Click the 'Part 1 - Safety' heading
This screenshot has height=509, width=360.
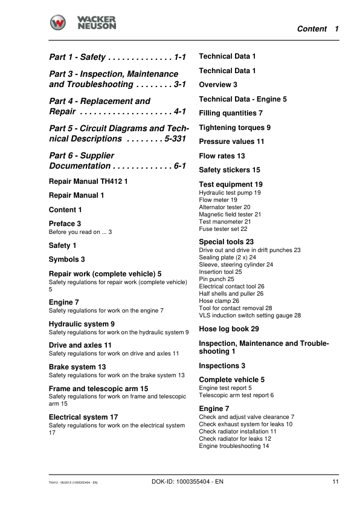[x=78, y=57]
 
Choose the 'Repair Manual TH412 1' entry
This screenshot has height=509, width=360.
[x=88, y=181]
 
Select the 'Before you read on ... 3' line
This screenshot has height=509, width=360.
[x=80, y=232]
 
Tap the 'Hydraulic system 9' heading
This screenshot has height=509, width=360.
[x=81, y=324]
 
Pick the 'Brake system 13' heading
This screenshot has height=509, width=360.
[x=77, y=367]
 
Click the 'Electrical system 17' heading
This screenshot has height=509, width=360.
[x=83, y=417]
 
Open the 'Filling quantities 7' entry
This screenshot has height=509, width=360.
[x=231, y=113]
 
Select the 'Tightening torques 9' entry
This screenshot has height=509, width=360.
[x=234, y=128]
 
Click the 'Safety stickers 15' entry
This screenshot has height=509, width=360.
[x=230, y=170]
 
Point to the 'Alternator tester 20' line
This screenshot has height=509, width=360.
[x=225, y=207]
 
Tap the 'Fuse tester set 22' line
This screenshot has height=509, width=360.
[x=223, y=229]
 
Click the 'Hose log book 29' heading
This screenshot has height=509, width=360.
[x=229, y=329]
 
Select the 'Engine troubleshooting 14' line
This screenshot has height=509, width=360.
[x=234, y=446]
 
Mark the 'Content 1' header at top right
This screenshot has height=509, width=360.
[x=318, y=29]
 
